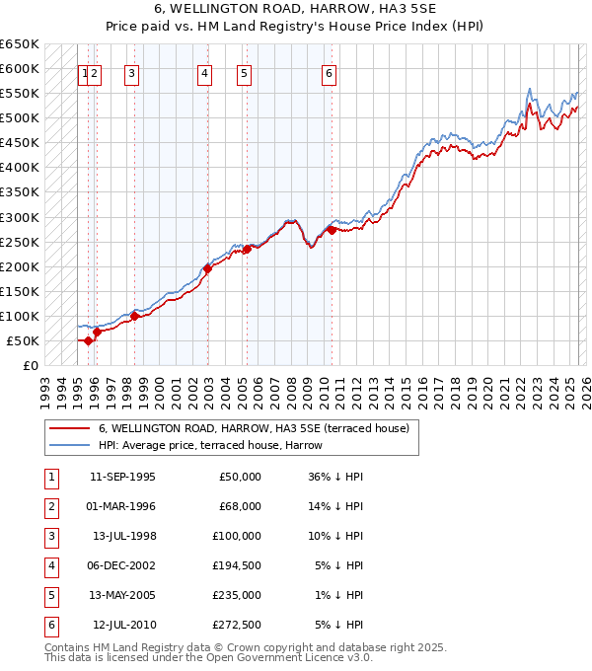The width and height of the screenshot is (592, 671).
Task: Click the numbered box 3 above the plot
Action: point(131,72)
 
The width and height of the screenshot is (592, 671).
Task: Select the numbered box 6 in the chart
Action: point(329,72)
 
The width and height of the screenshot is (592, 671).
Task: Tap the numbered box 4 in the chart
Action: point(204,72)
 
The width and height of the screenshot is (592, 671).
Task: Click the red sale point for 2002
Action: point(208,268)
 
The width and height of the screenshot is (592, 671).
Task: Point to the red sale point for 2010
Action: point(332,230)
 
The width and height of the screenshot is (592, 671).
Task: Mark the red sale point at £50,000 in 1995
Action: point(88,340)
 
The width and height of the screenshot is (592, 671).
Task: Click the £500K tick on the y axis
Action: point(20,118)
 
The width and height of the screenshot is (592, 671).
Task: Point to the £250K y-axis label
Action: point(20,242)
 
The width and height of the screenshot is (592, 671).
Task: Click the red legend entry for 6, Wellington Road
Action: point(246,428)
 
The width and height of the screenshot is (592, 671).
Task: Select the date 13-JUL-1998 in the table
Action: point(124,536)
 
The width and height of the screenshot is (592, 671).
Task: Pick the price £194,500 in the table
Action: point(236,565)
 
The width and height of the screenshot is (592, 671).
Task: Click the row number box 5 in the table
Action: point(49,595)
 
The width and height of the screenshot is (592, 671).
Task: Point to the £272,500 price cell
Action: point(236,625)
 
